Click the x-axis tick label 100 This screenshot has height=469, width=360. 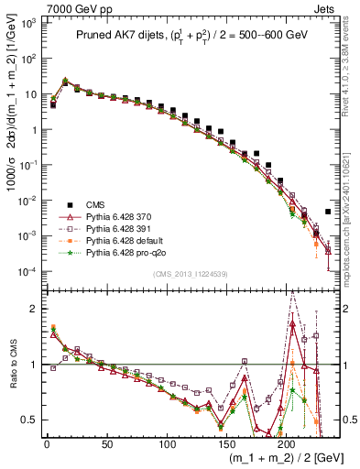tap(166, 442)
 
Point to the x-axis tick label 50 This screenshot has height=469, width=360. tap(106, 442)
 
